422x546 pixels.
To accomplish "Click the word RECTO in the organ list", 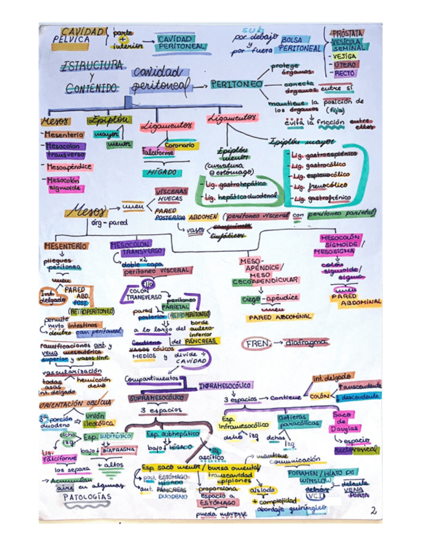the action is pyautogui.click(x=346, y=73).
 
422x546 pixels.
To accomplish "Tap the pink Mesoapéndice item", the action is pyautogui.click(x=69, y=167).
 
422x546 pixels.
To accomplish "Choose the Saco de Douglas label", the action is pyautogui.click(x=341, y=421).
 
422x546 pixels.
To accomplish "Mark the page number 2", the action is pyautogui.click(x=374, y=511).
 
